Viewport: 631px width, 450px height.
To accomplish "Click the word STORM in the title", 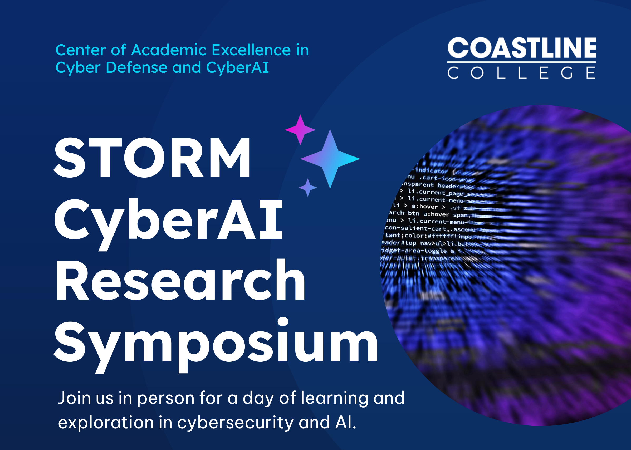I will [152, 158].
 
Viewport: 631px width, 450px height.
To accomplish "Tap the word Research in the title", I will [180, 280].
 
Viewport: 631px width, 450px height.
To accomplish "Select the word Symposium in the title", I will [216, 342].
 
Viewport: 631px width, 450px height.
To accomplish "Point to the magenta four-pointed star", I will [300, 130].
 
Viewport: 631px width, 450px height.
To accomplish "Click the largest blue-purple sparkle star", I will [330, 159].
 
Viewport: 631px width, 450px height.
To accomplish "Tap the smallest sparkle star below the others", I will [308, 188].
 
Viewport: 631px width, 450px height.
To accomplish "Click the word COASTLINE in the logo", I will [522, 48].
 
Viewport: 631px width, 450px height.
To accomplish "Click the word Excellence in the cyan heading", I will [251, 50].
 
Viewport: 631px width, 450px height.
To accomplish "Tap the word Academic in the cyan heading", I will [169, 50].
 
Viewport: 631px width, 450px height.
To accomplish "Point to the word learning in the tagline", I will [335, 398].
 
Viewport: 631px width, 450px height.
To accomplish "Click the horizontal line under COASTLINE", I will [522, 62].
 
